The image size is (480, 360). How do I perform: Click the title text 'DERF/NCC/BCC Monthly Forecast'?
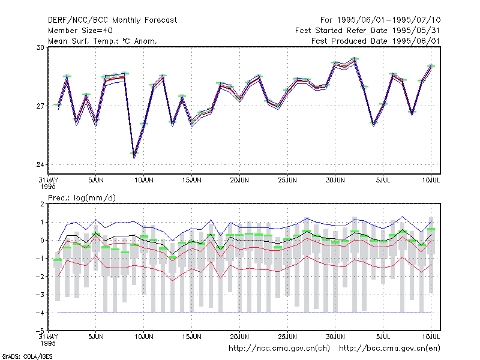click(x=112, y=20)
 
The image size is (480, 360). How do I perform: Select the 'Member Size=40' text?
click(x=80, y=31)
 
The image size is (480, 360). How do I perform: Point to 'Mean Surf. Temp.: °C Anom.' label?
click(x=103, y=41)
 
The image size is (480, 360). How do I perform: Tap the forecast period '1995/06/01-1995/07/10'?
click(x=389, y=20)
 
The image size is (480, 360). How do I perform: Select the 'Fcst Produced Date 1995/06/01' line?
click(x=376, y=41)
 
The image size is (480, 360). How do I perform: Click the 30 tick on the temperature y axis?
click(x=40, y=47)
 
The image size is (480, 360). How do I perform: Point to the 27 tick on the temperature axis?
click(x=40, y=106)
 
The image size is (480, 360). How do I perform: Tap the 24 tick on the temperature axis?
click(x=40, y=164)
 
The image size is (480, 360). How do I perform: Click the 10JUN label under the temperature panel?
click(x=144, y=180)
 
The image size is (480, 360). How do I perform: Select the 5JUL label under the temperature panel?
click(x=383, y=180)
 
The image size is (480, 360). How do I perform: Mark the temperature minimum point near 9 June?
click(x=134, y=157)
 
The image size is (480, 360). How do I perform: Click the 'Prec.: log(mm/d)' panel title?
click(x=82, y=198)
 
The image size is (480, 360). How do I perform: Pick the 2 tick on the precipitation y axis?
click(x=42, y=204)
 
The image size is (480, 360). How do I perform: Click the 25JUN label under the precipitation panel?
click(x=287, y=337)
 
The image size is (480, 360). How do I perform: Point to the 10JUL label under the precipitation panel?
click(x=431, y=337)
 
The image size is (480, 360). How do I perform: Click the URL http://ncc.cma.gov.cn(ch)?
click(x=279, y=349)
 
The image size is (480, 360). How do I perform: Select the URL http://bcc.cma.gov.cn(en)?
click(x=389, y=349)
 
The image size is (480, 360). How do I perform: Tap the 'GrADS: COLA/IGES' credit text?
click(x=27, y=356)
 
